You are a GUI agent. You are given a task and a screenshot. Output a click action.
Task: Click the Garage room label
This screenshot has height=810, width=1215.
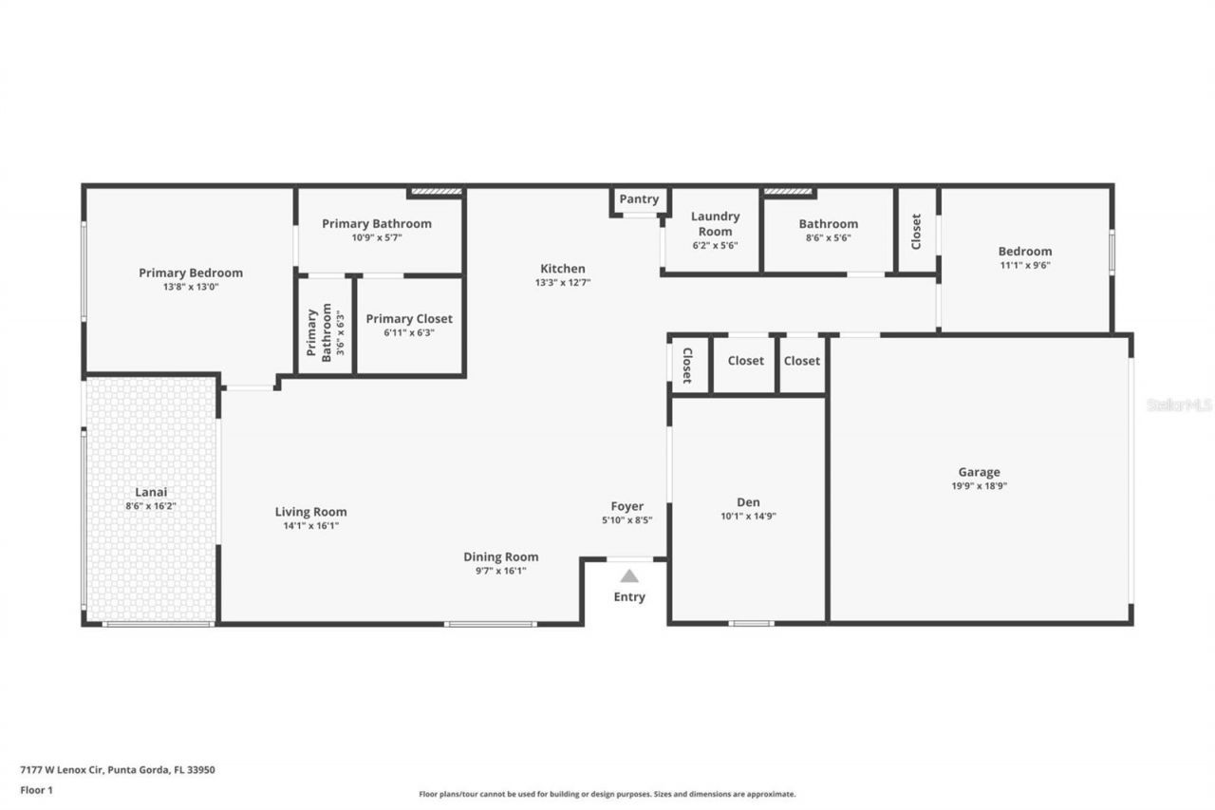pos(979,472)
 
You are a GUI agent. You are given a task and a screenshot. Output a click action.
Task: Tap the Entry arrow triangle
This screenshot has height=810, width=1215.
pos(629,575)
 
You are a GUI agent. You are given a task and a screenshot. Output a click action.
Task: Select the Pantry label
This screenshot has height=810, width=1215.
pos(639,199)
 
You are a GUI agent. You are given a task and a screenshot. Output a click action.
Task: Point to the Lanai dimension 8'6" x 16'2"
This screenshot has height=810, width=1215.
pos(151,506)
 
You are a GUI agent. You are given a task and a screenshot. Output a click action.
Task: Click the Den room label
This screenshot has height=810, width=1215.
pos(748,502)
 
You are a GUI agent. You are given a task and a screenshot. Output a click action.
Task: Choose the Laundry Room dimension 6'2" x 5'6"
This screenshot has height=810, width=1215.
pos(715,245)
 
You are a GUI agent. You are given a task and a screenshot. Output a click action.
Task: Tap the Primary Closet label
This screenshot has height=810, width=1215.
pos(409,319)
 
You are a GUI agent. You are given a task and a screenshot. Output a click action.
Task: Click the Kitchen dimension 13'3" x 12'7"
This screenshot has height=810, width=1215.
pos(563,282)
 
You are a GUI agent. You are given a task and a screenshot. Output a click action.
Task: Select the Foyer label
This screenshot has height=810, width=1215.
pos(627,506)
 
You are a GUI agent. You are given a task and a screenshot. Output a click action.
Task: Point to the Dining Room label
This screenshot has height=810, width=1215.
pos(500,556)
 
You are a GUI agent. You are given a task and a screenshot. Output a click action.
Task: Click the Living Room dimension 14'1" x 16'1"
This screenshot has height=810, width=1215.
pos(310,525)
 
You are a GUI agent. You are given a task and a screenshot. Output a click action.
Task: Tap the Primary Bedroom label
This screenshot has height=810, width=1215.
pos(191,273)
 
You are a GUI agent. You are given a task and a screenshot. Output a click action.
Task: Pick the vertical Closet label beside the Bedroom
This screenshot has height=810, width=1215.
pos(916,231)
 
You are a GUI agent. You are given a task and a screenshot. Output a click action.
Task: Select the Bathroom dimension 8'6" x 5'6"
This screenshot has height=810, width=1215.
pos(828,237)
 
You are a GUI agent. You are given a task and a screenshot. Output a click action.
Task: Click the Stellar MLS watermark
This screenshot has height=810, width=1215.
pos(1179,405)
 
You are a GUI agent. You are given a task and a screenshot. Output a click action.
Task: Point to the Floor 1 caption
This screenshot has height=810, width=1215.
pos(37,790)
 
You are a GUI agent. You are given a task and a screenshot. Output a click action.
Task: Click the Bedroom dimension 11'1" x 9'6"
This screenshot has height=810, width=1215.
pos(1024,265)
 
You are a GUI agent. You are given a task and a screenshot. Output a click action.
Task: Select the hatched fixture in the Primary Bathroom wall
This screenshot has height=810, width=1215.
pos(437,192)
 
